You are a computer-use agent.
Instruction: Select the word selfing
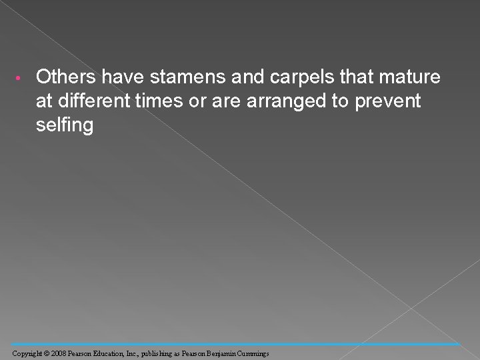click(x=65, y=125)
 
